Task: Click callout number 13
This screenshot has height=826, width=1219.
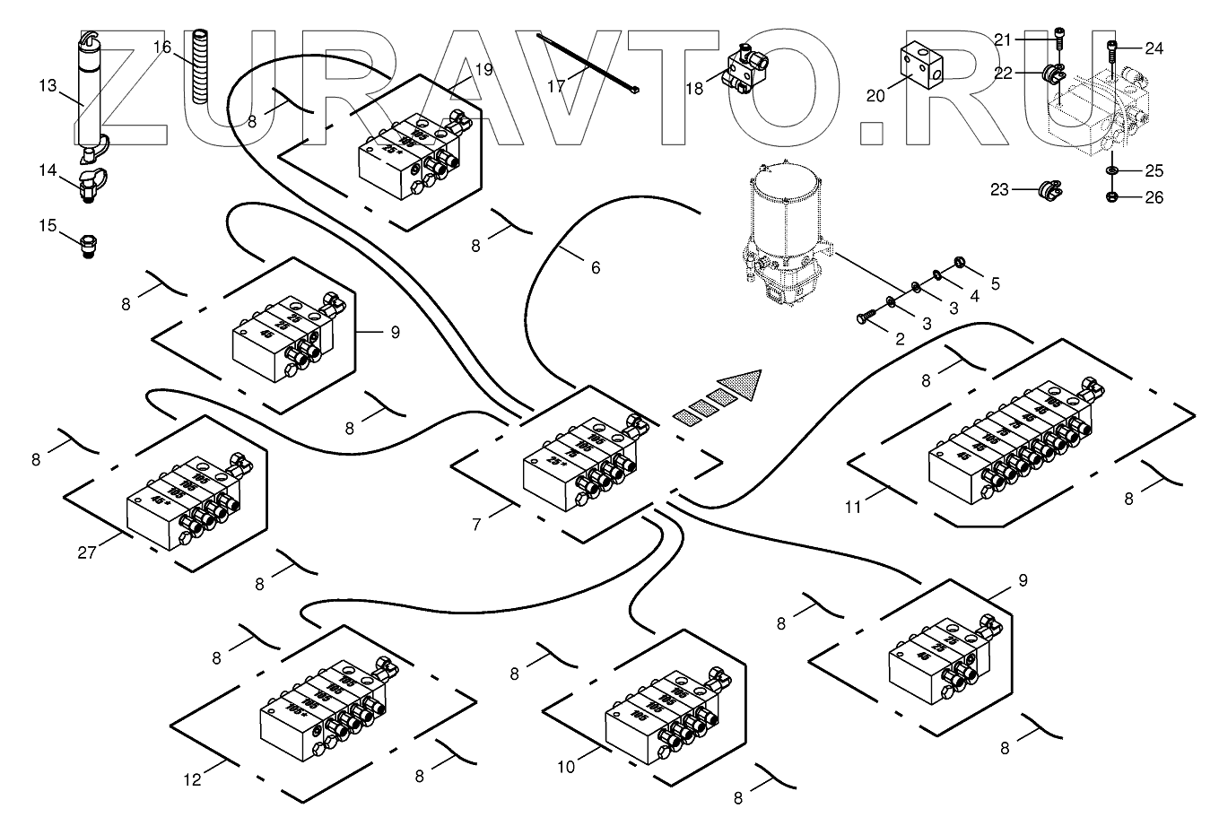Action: [48, 86]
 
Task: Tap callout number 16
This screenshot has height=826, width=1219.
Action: [162, 46]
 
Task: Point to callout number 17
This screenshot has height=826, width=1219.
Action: [557, 86]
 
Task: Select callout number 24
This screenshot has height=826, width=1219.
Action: [1154, 49]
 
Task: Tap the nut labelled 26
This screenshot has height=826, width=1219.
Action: [1112, 197]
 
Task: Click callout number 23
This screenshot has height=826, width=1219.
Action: [1000, 189]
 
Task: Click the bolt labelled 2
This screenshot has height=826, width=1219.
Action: [866, 316]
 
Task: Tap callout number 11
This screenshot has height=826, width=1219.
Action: [852, 507]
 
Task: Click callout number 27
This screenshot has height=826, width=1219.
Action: [86, 552]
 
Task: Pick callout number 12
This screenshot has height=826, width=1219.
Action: [192, 779]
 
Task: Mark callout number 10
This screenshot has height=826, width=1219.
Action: [565, 767]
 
